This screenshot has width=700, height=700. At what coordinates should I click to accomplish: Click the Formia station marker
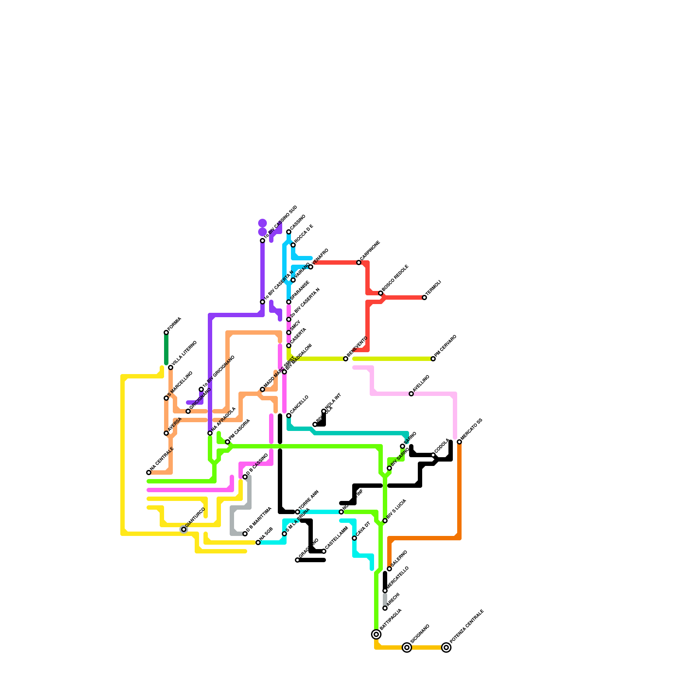[x=166, y=332]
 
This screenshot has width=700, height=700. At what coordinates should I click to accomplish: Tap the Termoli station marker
[x=424, y=297]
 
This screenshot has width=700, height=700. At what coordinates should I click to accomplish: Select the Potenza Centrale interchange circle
[x=446, y=647]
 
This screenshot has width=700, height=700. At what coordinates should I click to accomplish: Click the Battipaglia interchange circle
[x=376, y=634]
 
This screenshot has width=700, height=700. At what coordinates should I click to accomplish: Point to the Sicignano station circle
[x=407, y=647]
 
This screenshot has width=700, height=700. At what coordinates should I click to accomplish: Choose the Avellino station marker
[x=411, y=394]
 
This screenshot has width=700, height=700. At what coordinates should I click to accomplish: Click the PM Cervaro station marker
[x=433, y=359]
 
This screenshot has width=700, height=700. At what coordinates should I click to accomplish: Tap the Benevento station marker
[x=346, y=359]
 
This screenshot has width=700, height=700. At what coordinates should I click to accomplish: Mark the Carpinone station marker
[x=359, y=262]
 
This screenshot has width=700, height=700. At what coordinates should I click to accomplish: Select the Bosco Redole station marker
[x=381, y=293]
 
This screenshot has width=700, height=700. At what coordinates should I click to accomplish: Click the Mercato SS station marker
[x=459, y=442]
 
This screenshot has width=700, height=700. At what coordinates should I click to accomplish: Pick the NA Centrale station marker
[x=149, y=472]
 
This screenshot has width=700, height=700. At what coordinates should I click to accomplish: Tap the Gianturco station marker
[x=184, y=529]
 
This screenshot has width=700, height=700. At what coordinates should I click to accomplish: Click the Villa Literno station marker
[x=171, y=367]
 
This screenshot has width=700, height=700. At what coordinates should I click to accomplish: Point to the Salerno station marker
[x=389, y=569]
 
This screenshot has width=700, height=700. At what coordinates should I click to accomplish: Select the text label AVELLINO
[x=421, y=383]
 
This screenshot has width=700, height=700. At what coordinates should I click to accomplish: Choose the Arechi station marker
[x=385, y=608]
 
